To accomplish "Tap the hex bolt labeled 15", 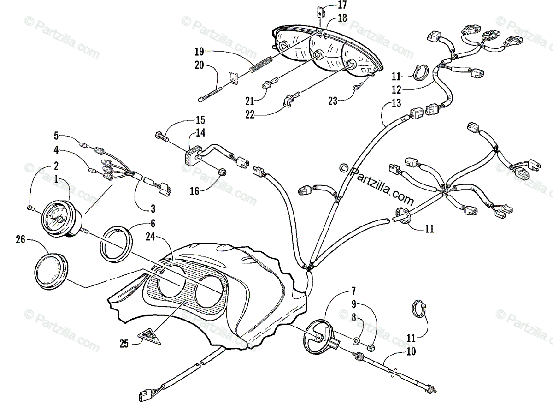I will (161, 136).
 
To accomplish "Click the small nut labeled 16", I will (220, 172).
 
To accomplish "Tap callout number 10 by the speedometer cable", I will (410, 352).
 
